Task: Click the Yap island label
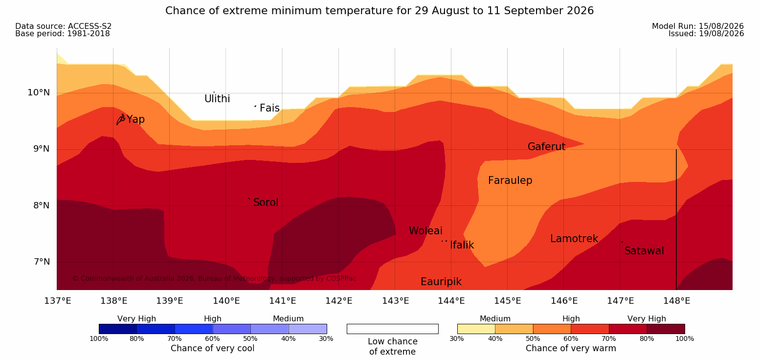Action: tap(135, 119)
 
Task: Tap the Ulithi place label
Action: tap(217, 99)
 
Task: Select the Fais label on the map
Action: tap(270, 108)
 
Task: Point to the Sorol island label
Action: tap(266, 202)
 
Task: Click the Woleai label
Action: tap(425, 231)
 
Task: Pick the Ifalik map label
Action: tap(462, 245)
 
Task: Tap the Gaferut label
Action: tap(547, 147)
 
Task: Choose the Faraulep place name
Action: tap(510, 180)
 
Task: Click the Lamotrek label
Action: tap(574, 239)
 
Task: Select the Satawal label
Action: tap(644, 251)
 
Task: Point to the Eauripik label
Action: tap(441, 282)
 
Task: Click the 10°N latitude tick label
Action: tap(39, 92)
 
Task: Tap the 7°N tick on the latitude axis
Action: tap(42, 262)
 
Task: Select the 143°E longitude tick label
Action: tap(396, 301)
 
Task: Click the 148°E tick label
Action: tap(677, 301)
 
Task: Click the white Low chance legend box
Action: tap(393, 329)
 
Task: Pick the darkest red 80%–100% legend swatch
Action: tap(666, 329)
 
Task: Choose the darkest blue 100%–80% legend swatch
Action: tap(118, 329)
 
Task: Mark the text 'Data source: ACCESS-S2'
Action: tap(64, 26)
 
